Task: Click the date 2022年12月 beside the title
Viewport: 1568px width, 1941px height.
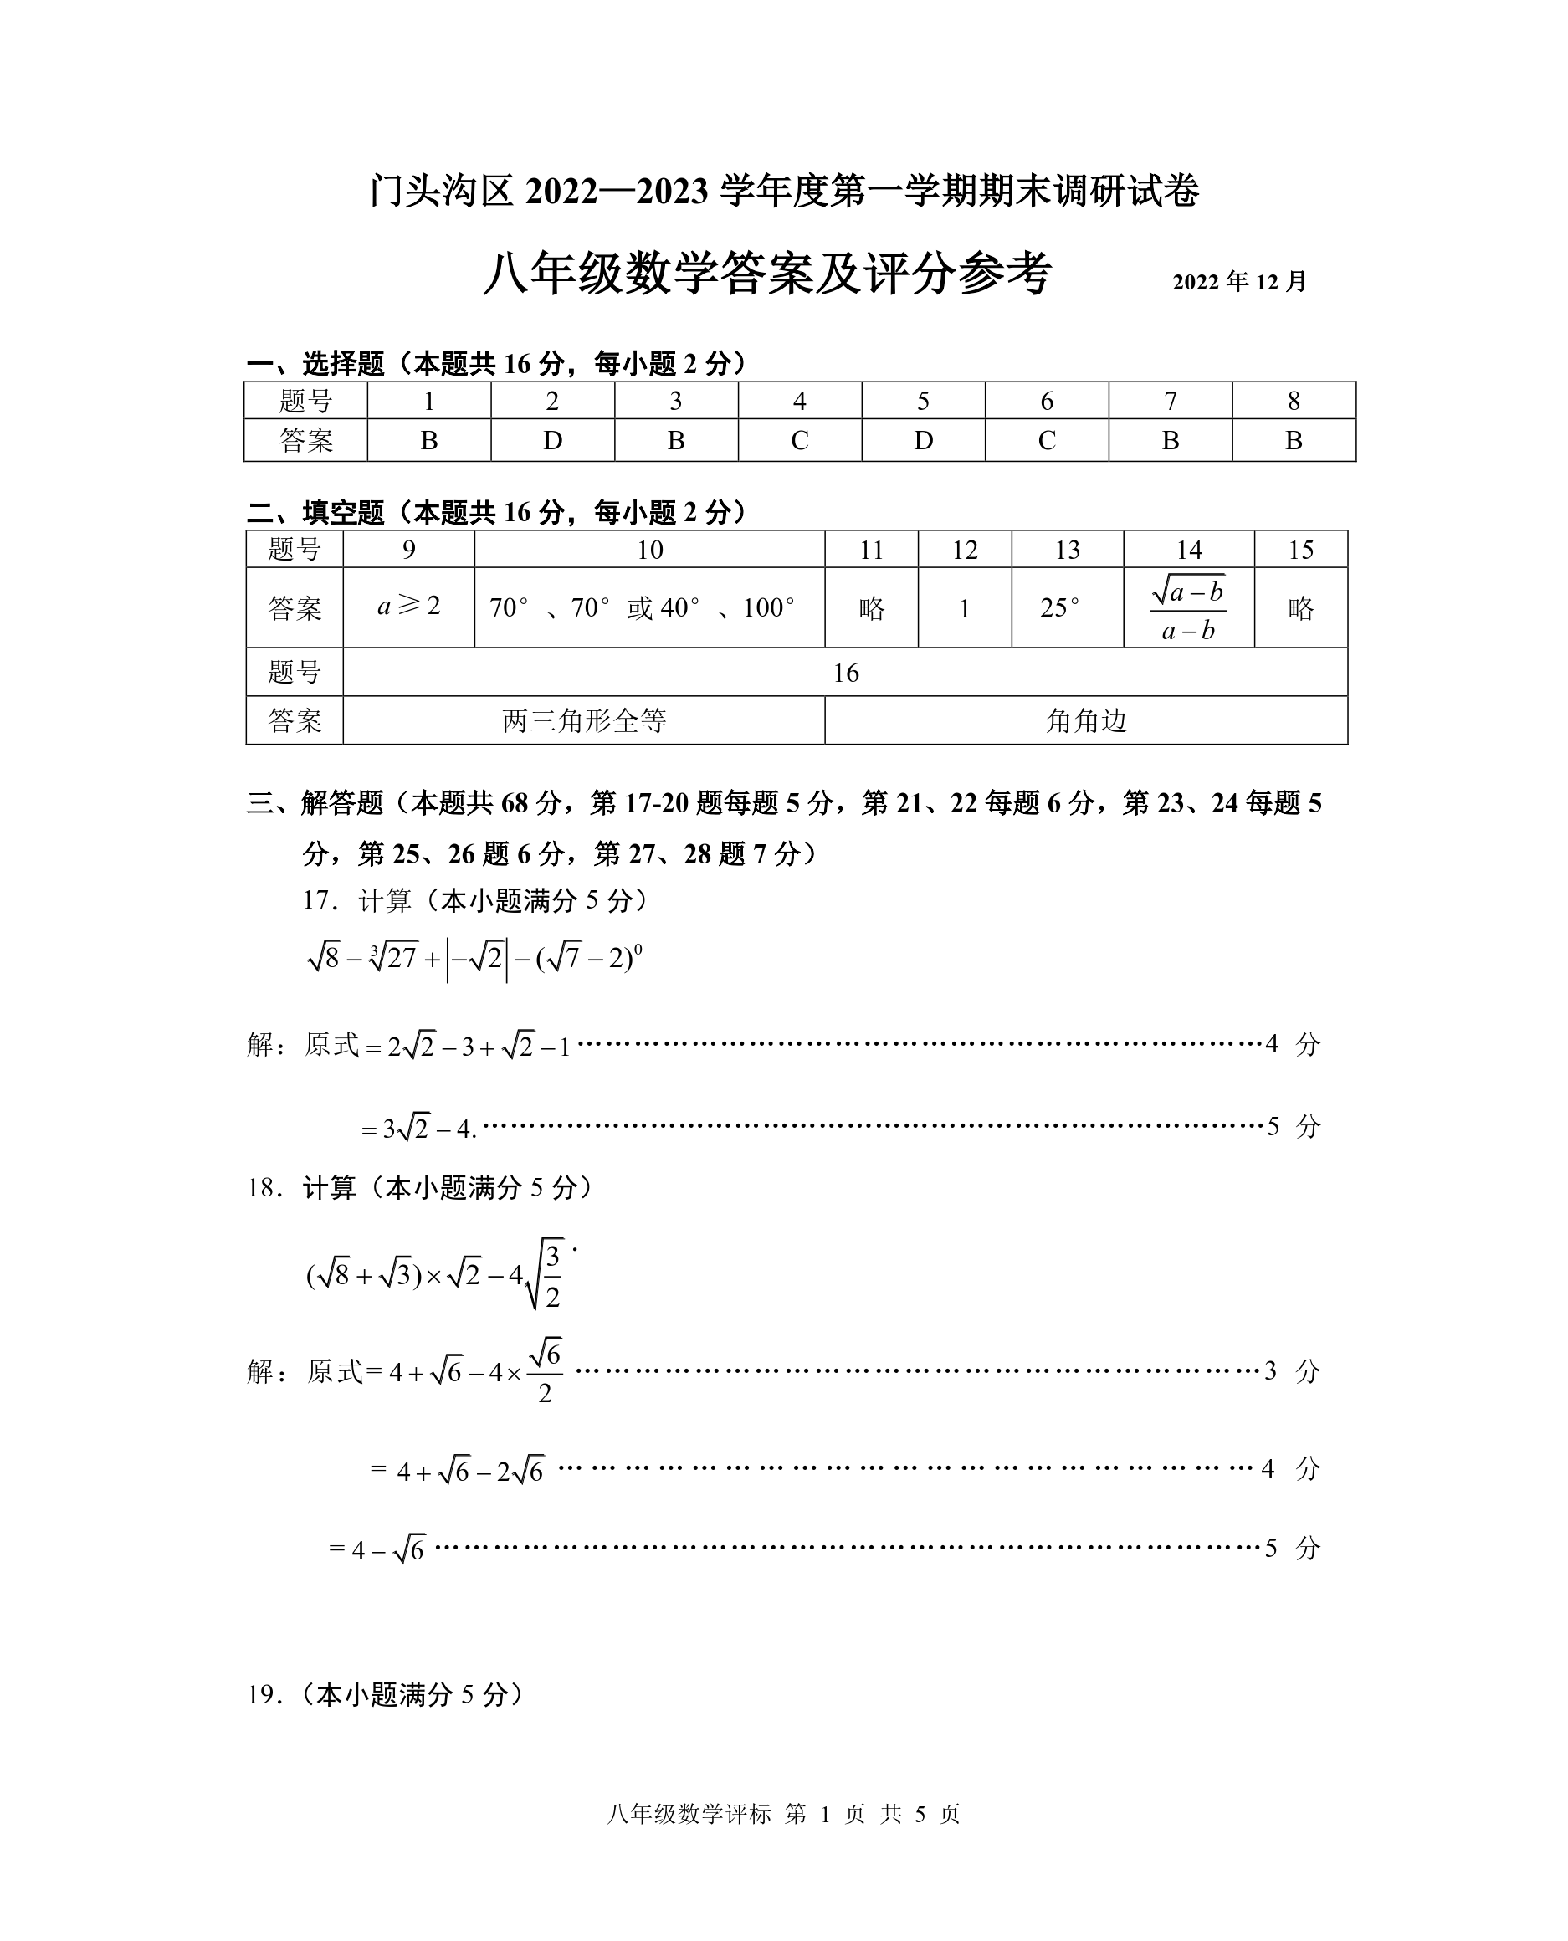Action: (1239, 282)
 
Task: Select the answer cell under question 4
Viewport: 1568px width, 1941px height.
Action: (799, 441)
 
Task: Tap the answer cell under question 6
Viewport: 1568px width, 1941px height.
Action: (1047, 441)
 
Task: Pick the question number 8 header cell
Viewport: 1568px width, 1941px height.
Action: (1294, 401)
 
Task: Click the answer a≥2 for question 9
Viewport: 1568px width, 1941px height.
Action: (408, 606)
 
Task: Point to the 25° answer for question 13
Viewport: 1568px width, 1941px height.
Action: (1058, 608)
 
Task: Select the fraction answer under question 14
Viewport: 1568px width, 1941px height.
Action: (1188, 609)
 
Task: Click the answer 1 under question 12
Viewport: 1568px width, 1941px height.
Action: (964, 609)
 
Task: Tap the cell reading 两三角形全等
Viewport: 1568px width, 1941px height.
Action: (583, 720)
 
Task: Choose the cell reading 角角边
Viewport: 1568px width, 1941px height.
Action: (1086, 720)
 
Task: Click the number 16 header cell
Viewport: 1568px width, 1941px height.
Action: (845, 673)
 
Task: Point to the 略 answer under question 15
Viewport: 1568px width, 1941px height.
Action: (1300, 609)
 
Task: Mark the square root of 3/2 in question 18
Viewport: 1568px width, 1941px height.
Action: (545, 1275)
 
